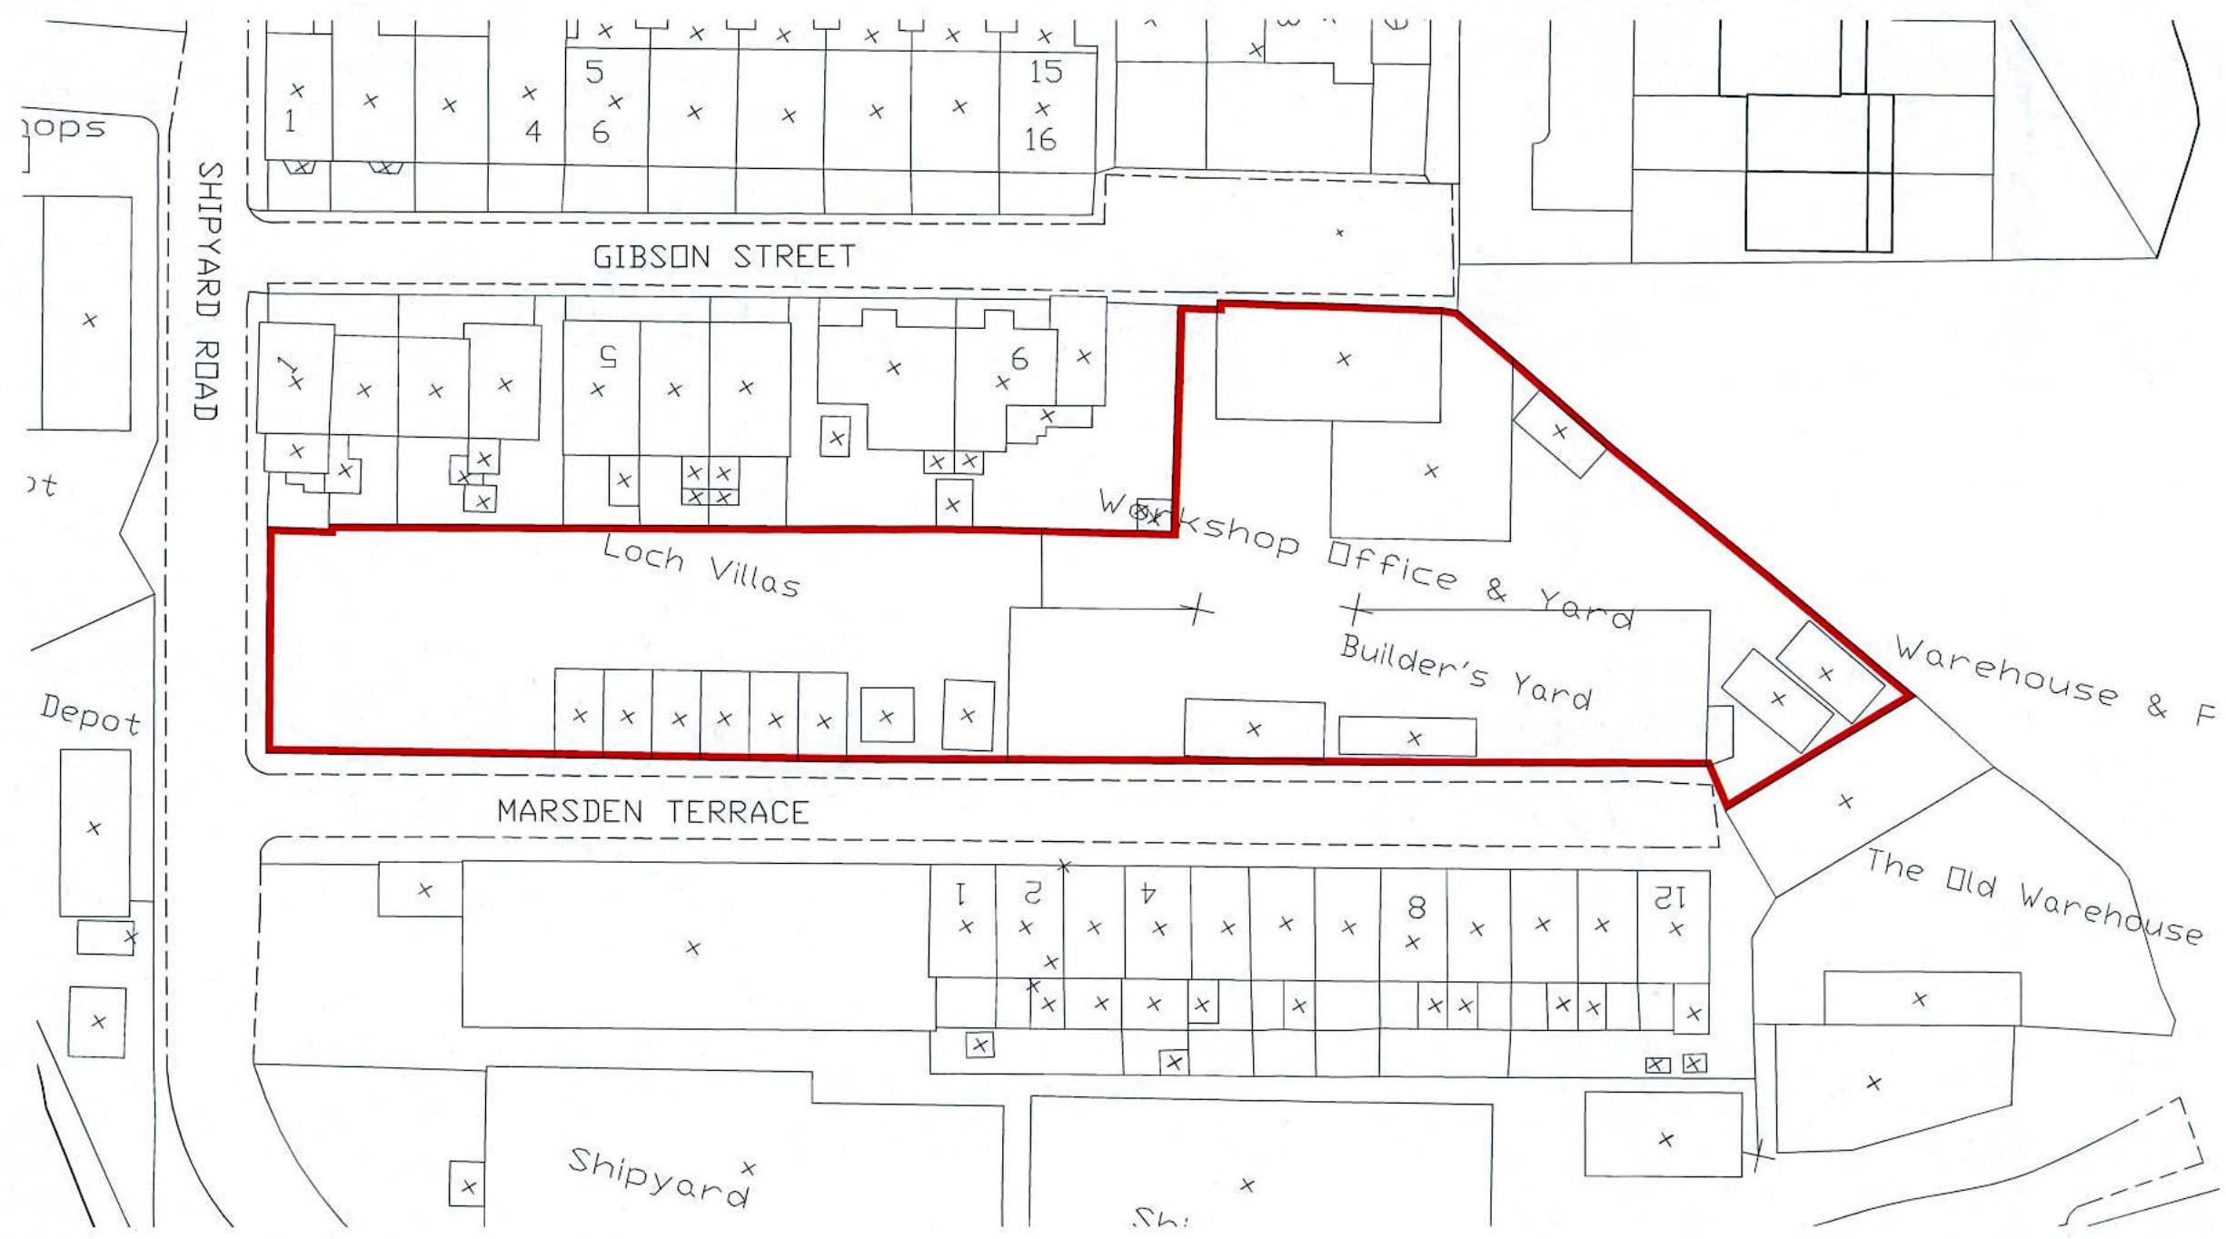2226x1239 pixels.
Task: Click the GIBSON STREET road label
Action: click(724, 257)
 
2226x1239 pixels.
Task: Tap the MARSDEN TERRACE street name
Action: click(653, 811)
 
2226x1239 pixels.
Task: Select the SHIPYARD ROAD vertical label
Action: click(208, 291)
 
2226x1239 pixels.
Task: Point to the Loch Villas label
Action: click(701, 567)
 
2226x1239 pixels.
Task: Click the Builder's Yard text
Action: click(1466, 672)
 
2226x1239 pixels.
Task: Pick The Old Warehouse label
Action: click(2033, 896)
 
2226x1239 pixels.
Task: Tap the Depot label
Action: click(91, 715)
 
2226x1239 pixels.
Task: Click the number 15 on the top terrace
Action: click(1045, 72)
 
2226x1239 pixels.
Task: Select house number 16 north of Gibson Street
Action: click(1040, 139)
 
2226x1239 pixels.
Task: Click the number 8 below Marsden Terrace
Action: click(1416, 907)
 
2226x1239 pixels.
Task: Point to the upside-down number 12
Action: click(1670, 898)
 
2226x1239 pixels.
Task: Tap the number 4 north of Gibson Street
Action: click(532, 133)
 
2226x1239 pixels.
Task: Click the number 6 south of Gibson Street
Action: click(1019, 360)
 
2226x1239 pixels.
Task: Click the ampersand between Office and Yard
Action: click(1496, 590)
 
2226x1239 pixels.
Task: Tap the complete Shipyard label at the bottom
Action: click(659, 1175)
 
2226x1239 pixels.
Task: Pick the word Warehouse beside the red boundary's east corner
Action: click(2006, 673)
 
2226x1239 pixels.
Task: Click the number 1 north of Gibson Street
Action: click(290, 121)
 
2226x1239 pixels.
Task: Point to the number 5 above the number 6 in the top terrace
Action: click(594, 72)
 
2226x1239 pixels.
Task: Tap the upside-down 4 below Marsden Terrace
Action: click(1148, 894)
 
